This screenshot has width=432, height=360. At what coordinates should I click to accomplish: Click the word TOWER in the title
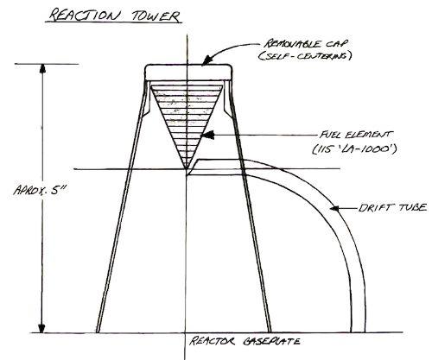click(x=156, y=16)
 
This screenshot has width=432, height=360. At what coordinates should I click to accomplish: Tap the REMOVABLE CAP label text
click(x=306, y=44)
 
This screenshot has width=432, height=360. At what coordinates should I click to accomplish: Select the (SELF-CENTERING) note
click(x=305, y=56)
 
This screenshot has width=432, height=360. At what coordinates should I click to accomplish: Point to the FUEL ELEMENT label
click(x=356, y=135)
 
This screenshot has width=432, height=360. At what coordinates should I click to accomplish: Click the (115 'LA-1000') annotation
click(x=355, y=149)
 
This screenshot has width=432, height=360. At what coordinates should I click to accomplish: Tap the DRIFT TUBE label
click(x=392, y=208)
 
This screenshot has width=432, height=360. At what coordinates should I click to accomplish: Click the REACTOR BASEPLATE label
click(x=245, y=341)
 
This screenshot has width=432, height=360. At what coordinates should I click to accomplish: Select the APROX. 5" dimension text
click(x=40, y=190)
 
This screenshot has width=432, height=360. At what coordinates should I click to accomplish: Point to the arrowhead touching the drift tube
click(x=334, y=208)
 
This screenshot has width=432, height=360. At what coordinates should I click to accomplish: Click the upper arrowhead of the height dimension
click(x=42, y=68)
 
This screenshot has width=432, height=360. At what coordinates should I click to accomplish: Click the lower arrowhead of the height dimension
click(x=42, y=328)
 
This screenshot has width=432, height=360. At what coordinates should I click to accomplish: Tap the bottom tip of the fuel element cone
click(x=187, y=168)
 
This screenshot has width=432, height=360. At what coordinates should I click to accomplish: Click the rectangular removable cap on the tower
click(x=188, y=72)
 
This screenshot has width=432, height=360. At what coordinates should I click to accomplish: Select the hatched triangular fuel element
click(x=187, y=115)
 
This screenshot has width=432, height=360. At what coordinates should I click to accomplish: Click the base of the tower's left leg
click(x=98, y=332)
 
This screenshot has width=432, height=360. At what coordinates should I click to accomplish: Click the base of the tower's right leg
click(x=270, y=332)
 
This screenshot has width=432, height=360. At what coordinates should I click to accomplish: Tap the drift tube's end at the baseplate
click(x=358, y=332)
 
